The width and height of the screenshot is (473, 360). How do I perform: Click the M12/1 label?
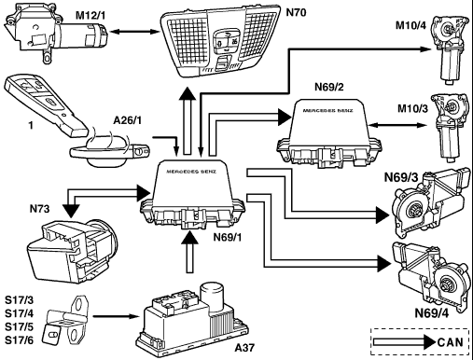click(x=90, y=15)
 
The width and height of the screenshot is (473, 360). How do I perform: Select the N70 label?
click(x=296, y=12)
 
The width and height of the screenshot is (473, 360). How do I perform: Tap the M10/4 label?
click(x=410, y=25)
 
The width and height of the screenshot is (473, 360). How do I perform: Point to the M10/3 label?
click(x=412, y=108)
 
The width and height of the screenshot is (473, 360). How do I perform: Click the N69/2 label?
click(x=329, y=87)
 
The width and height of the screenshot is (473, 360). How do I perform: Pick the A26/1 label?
click(x=127, y=120)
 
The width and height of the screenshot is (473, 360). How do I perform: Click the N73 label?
click(x=39, y=209)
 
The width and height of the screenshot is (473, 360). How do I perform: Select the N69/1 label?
click(x=228, y=237)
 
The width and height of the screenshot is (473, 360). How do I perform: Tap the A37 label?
click(x=244, y=347)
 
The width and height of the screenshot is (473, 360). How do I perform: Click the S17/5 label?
click(x=19, y=327)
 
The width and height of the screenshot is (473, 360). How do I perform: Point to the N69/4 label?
click(x=432, y=313)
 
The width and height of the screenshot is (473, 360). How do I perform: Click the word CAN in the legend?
click(x=450, y=342)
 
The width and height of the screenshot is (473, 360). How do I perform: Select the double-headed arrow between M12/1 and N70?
click(x=134, y=32)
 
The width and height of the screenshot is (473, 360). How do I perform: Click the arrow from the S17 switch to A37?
click(x=116, y=316)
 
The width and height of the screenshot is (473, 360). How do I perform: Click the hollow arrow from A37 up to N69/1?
click(x=189, y=253)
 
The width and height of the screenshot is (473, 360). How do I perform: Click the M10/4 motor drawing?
click(x=450, y=49)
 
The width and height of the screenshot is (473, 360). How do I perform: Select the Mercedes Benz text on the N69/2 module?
click(x=327, y=110)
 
